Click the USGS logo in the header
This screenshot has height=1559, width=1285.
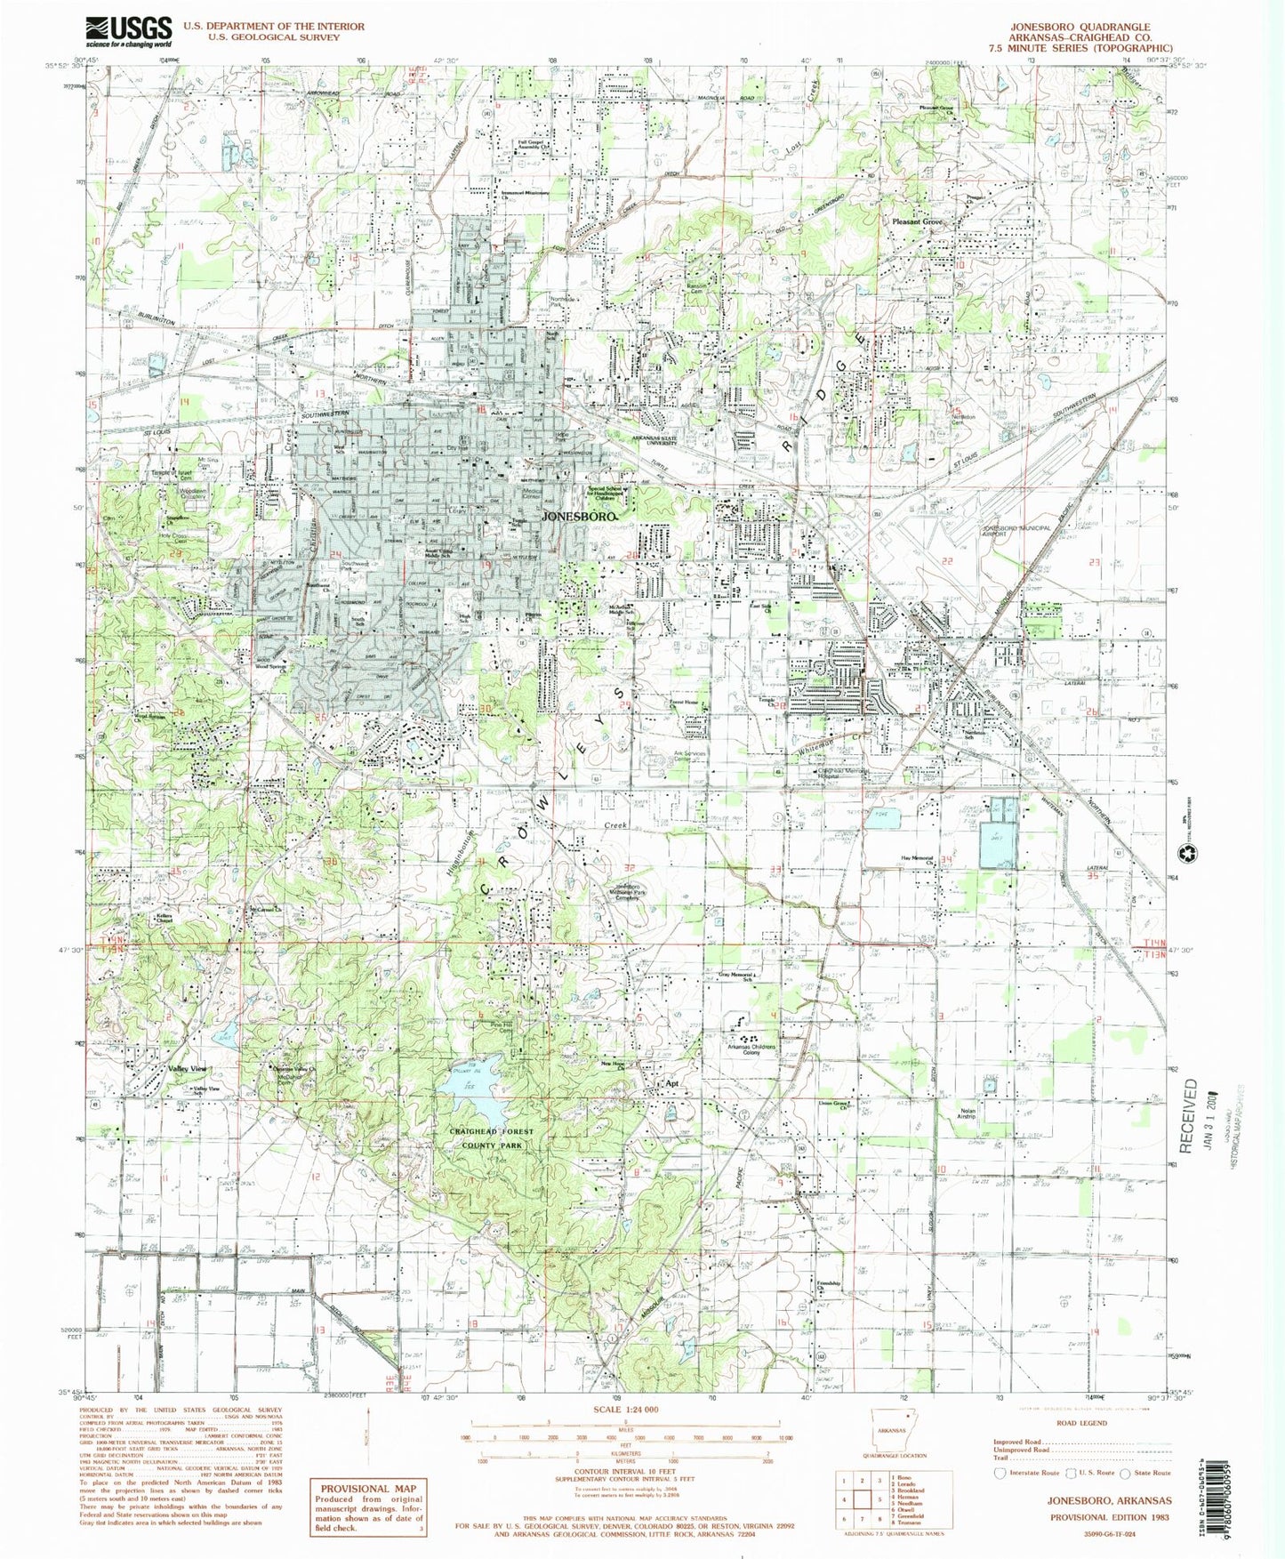pos(129,31)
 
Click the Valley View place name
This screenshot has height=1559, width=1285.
pos(187,1068)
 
